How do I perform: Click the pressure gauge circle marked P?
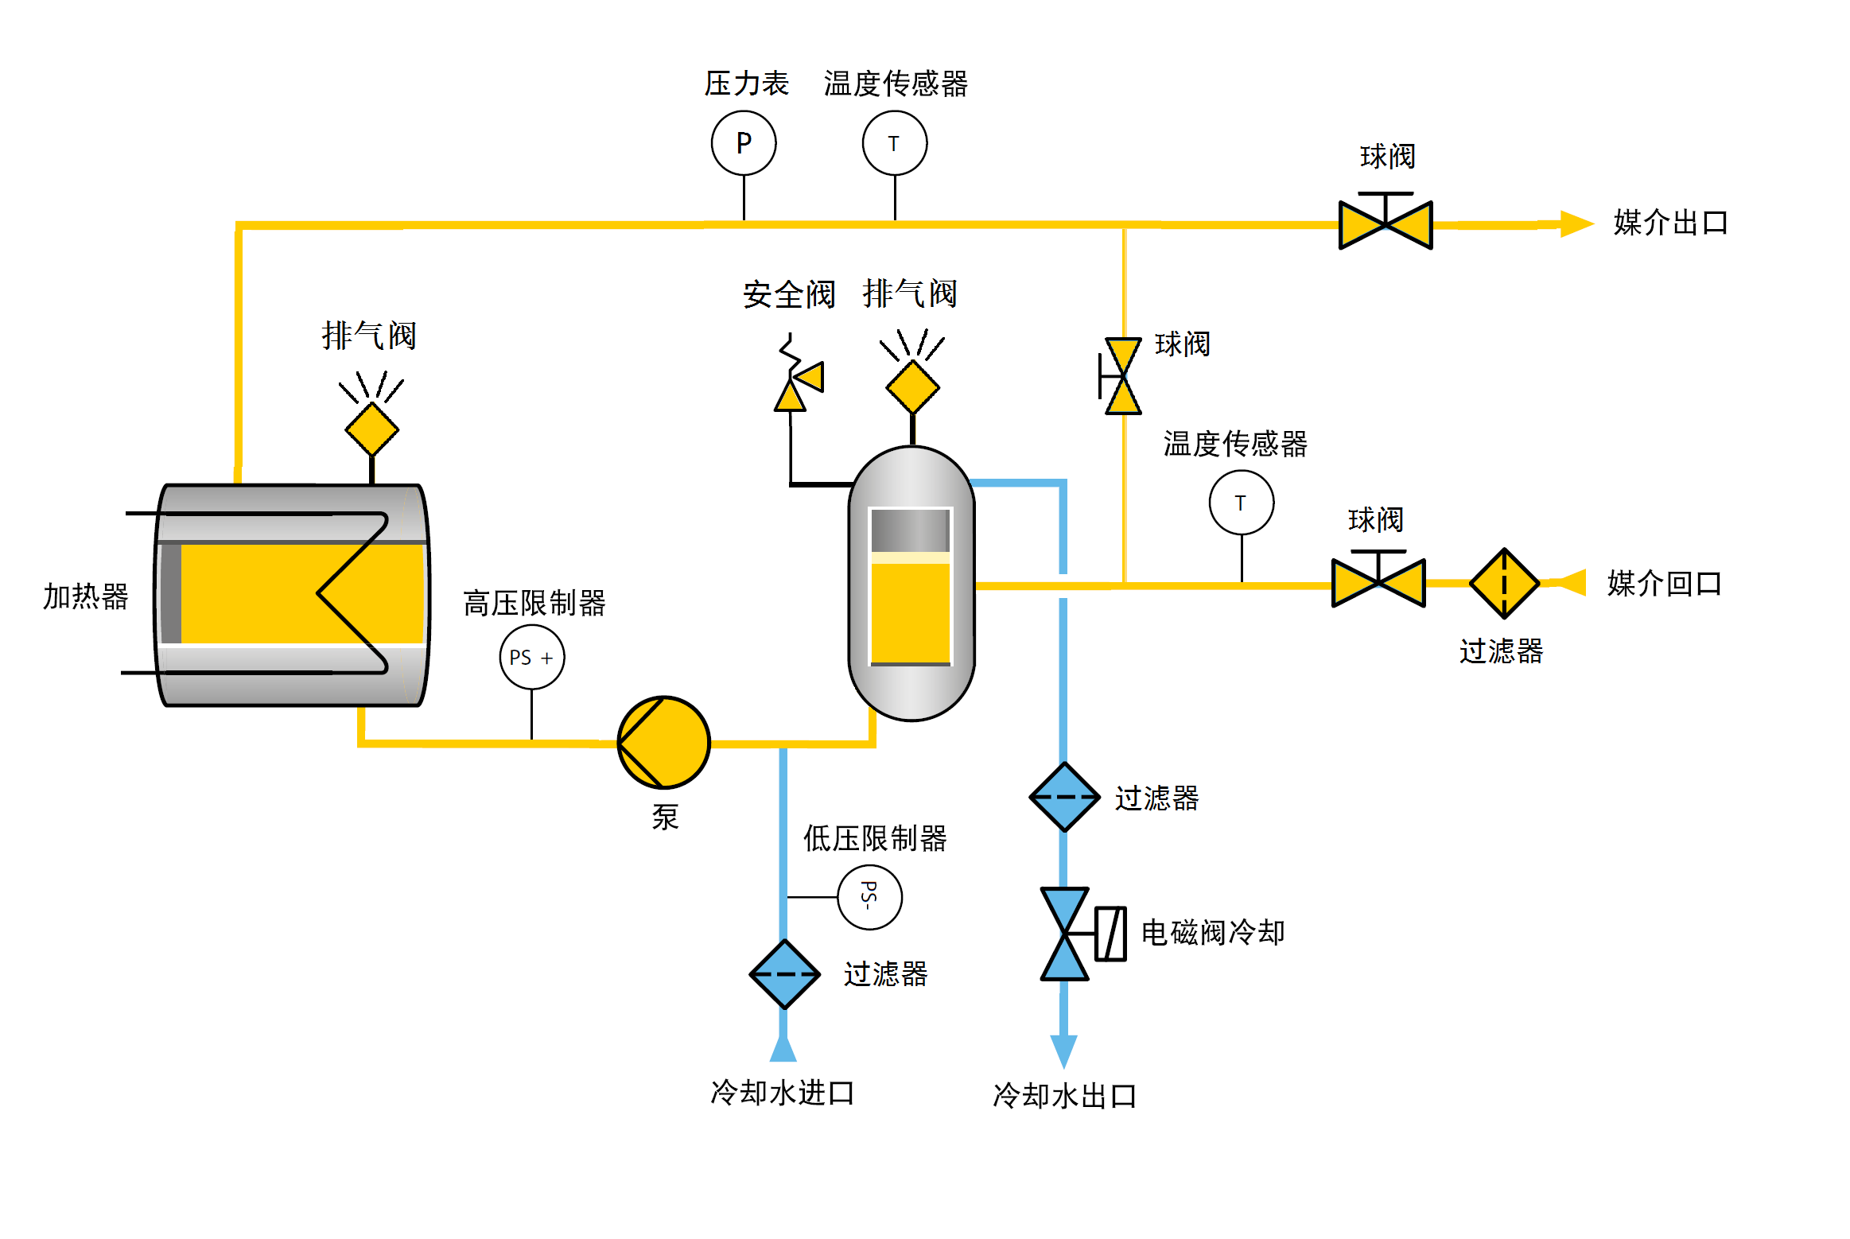[743, 143]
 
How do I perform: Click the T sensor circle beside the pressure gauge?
[894, 143]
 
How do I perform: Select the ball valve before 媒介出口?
[1385, 225]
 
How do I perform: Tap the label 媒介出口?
[1669, 223]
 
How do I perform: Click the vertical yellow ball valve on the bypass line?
[1122, 376]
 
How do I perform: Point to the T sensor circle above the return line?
[1241, 503]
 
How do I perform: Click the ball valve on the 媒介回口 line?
[1378, 583]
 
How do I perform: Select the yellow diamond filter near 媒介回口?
[1503, 584]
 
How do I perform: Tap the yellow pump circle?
[663, 743]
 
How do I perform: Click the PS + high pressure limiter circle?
[531, 658]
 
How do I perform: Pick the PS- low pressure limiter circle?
[869, 897]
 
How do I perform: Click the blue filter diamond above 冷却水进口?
[784, 974]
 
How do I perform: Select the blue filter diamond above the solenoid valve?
[1063, 797]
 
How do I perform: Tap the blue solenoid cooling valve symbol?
[1066, 934]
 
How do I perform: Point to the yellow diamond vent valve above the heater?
[371, 429]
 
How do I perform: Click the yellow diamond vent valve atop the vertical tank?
[912, 387]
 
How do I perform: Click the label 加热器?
[85, 596]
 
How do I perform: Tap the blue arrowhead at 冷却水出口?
[1063, 1050]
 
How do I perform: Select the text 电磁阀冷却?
[1212, 933]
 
